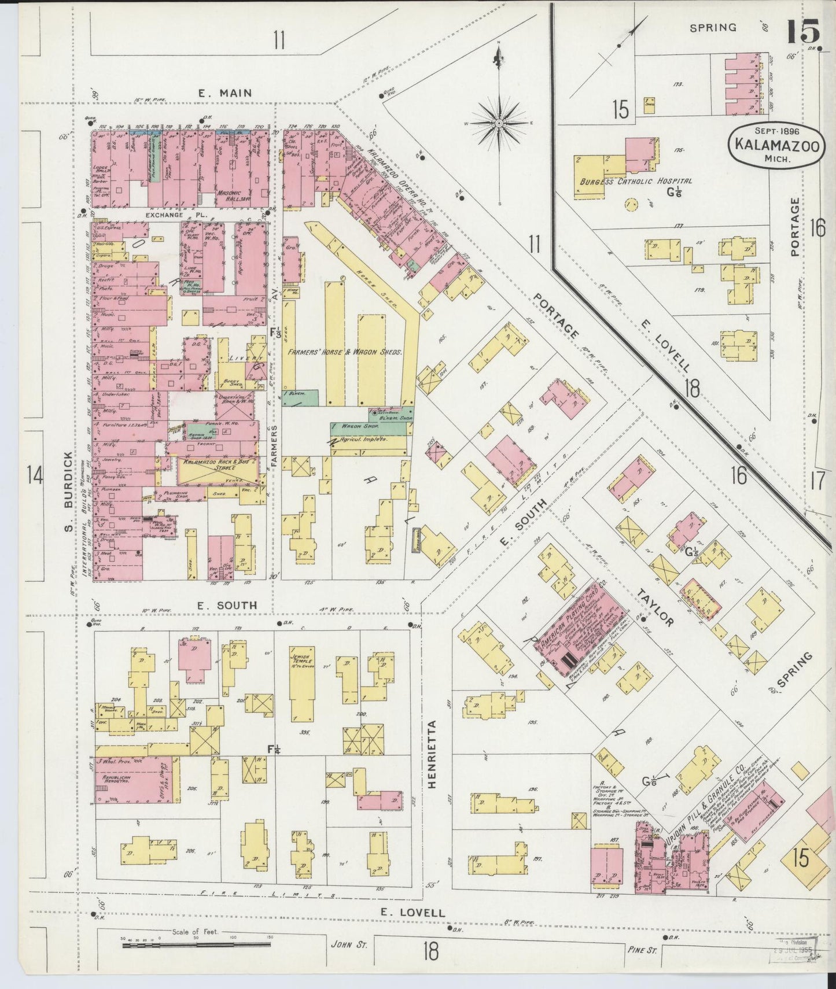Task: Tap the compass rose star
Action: pyautogui.click(x=499, y=123)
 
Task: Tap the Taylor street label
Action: pyautogui.click(x=655, y=608)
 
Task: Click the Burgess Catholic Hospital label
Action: pyautogui.click(x=636, y=182)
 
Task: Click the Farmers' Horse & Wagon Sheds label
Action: pyautogui.click(x=345, y=352)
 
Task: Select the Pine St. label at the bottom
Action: pyautogui.click(x=642, y=949)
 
